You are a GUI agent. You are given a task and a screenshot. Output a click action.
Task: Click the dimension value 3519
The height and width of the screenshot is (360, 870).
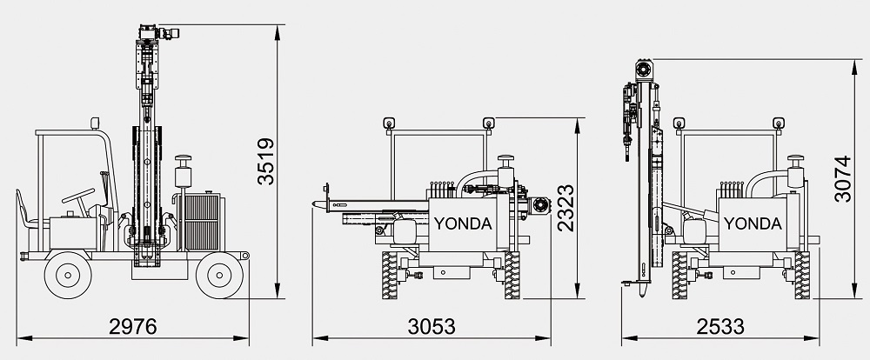(x=266, y=161)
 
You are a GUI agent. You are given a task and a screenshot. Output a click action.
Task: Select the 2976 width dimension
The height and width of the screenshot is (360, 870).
(x=132, y=327)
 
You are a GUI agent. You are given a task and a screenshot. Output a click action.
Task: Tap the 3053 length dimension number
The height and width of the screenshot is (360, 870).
(x=432, y=327)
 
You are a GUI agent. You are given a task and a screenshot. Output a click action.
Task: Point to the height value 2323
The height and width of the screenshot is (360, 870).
(x=566, y=208)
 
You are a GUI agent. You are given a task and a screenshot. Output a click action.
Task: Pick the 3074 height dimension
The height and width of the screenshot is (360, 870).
(x=843, y=178)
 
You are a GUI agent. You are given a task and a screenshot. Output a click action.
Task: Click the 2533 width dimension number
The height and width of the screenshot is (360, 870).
(x=720, y=327)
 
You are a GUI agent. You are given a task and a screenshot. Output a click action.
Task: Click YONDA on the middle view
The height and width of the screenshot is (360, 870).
(x=463, y=223)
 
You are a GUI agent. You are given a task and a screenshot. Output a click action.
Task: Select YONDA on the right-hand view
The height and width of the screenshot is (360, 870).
(x=753, y=223)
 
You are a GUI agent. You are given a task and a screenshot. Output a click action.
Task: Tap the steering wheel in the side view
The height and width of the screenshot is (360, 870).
(x=78, y=196)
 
